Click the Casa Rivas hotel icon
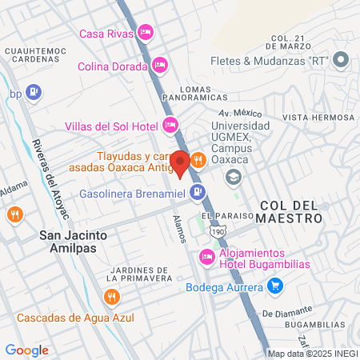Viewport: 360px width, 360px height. coord(145,33)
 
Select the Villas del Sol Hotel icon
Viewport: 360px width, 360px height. coord(170,124)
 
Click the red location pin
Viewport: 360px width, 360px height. coord(180,164)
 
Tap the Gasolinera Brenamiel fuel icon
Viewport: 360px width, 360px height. coord(198,193)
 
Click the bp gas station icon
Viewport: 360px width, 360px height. coord(33,92)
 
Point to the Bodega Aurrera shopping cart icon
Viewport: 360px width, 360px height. coord(275,286)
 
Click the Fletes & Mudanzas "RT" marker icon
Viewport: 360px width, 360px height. coord(342,59)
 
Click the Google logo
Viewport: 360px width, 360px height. coord(26,350)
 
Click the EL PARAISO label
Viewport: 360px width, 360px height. coord(220,216)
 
